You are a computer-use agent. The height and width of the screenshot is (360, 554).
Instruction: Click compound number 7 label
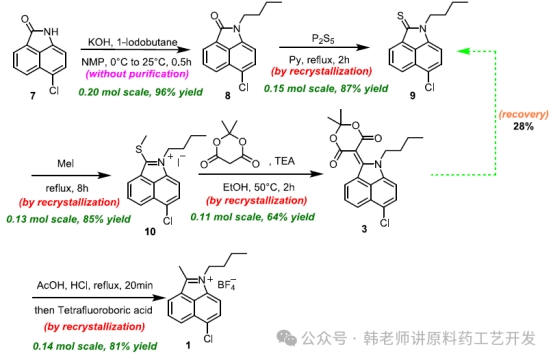tap(33, 96)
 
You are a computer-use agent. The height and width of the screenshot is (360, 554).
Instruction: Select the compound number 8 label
tap(228, 96)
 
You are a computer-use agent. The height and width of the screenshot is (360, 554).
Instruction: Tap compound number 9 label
tap(412, 96)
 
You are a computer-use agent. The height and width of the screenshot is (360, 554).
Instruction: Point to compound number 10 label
tap(150, 231)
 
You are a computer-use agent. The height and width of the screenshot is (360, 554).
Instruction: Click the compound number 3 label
tap(364, 229)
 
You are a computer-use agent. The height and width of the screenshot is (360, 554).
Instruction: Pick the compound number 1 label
tap(188, 345)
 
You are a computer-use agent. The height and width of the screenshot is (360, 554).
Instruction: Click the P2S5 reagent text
tap(323, 39)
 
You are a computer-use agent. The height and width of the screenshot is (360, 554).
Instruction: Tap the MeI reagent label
tap(66, 164)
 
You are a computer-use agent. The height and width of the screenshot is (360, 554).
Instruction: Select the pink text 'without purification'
tap(137, 74)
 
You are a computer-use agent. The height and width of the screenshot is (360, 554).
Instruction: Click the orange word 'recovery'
tap(524, 114)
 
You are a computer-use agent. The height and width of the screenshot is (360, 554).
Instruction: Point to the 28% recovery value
tap(524, 126)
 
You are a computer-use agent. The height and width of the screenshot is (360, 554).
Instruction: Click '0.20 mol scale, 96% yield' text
tap(141, 92)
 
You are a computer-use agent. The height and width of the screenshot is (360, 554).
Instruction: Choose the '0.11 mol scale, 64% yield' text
tap(253, 217)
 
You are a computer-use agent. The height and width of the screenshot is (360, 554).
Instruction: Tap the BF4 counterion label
tap(227, 284)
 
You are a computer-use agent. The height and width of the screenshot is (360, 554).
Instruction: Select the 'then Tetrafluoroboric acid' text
tap(93, 310)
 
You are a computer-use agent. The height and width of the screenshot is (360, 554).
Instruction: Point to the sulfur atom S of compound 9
tap(400, 16)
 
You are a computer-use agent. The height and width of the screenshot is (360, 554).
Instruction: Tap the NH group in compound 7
tap(51, 31)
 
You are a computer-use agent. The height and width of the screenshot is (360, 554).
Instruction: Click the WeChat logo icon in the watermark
tap(287, 338)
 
